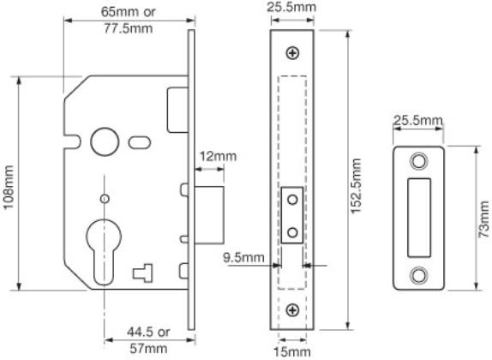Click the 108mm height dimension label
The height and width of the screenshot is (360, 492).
(9, 187)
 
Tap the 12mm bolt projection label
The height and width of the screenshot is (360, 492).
(218, 156)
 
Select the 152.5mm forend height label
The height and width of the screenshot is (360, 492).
(356, 186)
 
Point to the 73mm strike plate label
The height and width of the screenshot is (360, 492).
(484, 219)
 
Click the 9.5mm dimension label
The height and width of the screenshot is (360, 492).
(243, 257)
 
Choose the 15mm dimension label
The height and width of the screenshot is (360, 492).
(292, 351)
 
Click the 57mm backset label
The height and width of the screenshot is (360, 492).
(148, 348)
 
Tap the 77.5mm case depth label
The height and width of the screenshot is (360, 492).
(129, 28)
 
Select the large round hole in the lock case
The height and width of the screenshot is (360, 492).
(105, 142)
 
